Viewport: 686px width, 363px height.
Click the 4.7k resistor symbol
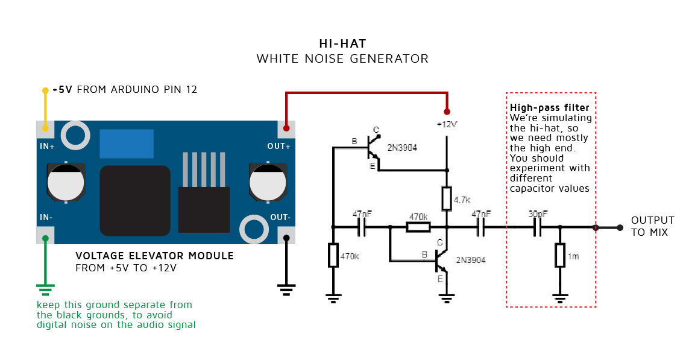click(447, 198)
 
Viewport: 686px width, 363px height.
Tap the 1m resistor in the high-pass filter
click(560, 256)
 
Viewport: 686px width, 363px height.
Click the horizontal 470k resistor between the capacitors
click(418, 227)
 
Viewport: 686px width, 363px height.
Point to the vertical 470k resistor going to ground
click(333, 255)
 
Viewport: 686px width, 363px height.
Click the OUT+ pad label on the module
click(278, 145)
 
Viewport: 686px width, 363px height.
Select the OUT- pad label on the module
click(280, 218)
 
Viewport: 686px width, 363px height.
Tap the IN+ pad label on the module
click(48, 145)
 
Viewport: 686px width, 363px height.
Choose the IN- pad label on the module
click(46, 218)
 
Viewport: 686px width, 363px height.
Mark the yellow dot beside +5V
click(45, 90)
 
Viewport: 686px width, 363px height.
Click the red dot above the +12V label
click(447, 112)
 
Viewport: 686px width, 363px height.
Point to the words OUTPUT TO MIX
click(652, 226)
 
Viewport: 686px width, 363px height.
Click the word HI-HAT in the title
click(342, 44)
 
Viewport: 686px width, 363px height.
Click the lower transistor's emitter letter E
click(440, 279)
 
